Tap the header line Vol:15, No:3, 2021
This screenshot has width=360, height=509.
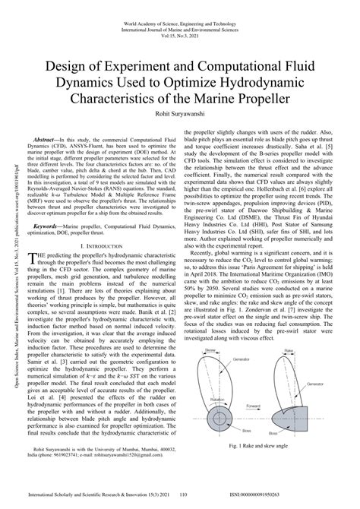pos(180,24)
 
